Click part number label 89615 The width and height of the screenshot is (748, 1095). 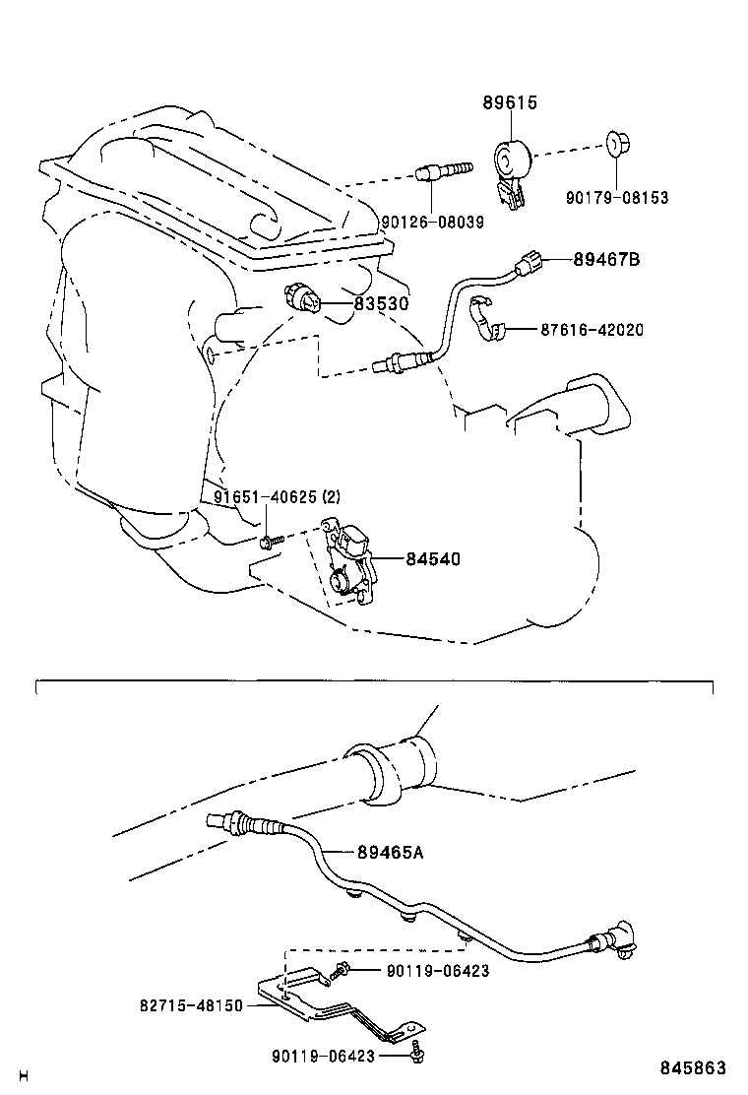tap(510, 103)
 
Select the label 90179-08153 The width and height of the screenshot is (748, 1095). tap(616, 198)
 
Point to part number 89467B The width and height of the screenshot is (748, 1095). tap(606, 260)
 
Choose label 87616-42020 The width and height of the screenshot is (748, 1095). tap(592, 330)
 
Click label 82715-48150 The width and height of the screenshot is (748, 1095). tap(191, 1006)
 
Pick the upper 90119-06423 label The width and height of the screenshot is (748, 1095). tap(437, 971)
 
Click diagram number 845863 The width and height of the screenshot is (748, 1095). tap(693, 1067)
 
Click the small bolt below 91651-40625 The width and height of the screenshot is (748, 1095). tap(270, 540)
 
